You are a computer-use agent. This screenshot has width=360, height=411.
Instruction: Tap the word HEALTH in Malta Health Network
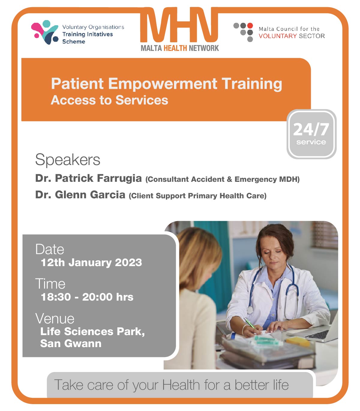click(175, 48)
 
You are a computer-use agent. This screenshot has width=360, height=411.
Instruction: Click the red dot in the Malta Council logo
click(250, 25)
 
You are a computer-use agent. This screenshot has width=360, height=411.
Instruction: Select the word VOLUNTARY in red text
click(277, 36)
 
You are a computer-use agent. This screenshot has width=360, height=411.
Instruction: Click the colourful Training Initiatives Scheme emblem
click(45, 32)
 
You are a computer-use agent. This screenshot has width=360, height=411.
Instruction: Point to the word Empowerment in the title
click(163, 84)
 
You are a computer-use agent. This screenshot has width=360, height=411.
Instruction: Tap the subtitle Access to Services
click(109, 100)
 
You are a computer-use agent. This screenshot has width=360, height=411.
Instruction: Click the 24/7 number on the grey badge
click(311, 130)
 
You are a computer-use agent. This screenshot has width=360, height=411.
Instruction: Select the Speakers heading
click(67, 160)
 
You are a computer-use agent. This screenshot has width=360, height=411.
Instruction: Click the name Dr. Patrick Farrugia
click(88, 178)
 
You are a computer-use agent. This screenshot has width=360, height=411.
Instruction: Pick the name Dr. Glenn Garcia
click(80, 195)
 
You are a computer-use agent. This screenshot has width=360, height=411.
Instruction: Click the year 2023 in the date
click(128, 262)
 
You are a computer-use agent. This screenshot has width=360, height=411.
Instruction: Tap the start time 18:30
click(56, 297)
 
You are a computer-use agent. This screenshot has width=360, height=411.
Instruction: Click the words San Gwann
click(71, 343)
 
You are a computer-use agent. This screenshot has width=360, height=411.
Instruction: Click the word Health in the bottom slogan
click(181, 385)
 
